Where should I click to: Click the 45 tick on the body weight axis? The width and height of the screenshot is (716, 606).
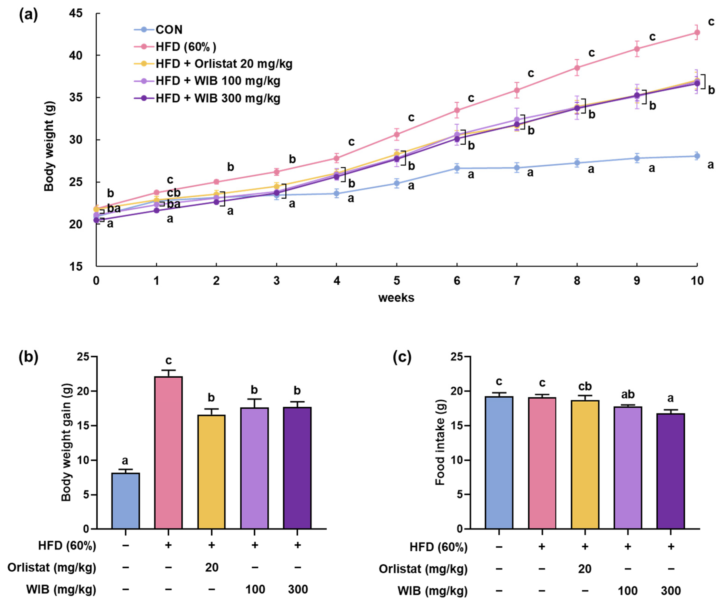coord(76,14)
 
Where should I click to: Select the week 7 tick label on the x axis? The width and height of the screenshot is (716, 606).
coord(516,281)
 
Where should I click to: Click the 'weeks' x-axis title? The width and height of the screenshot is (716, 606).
coord(396,297)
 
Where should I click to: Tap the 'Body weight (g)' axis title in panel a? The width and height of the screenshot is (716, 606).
coord(49,146)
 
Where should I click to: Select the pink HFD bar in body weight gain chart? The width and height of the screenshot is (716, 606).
coord(168,453)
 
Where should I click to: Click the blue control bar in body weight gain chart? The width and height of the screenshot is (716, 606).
coord(125,502)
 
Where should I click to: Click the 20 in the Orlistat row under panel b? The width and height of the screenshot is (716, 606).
coord(211,567)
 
